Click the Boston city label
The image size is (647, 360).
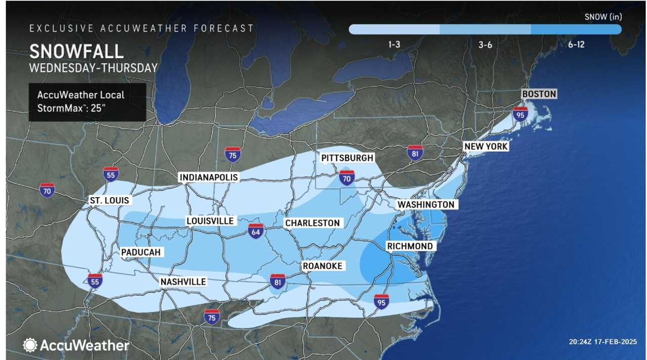click(539, 94)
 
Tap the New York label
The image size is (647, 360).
click(486, 147)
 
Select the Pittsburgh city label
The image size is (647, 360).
click(347, 158)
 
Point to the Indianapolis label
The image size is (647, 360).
click(208, 177)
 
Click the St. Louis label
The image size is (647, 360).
click(109, 200)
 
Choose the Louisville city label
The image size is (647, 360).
click(210, 221)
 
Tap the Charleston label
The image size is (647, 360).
click(312, 223)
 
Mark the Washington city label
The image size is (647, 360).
click(426, 204)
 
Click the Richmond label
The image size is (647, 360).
click(409, 246)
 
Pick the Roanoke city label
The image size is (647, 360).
click(322, 266)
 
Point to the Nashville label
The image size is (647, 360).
click(183, 282)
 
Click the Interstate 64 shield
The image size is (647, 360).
click(256, 231)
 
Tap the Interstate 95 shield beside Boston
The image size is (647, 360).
click(520, 114)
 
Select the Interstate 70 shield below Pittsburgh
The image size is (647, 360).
click(347, 177)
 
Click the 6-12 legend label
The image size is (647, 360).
click(576, 44)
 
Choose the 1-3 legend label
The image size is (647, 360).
click(394, 44)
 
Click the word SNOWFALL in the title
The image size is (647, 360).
click(76, 52)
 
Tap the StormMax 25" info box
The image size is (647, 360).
click(87, 102)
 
